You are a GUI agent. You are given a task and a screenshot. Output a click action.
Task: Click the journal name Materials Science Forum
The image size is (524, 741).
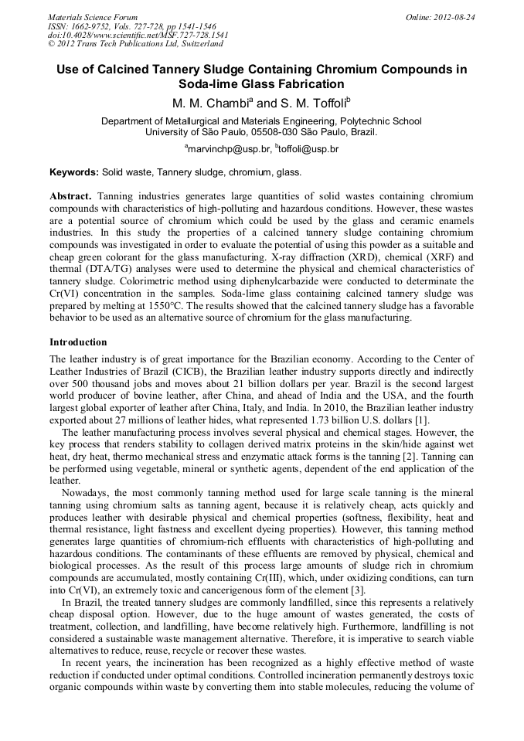[x=93, y=17]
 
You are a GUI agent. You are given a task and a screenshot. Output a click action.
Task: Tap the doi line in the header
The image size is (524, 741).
[x=138, y=35]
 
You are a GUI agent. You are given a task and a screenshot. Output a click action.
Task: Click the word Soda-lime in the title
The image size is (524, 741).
[x=207, y=84]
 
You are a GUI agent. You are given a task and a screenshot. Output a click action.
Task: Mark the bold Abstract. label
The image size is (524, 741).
[x=71, y=196]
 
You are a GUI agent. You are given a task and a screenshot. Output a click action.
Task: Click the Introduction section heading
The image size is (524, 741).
[x=78, y=342]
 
